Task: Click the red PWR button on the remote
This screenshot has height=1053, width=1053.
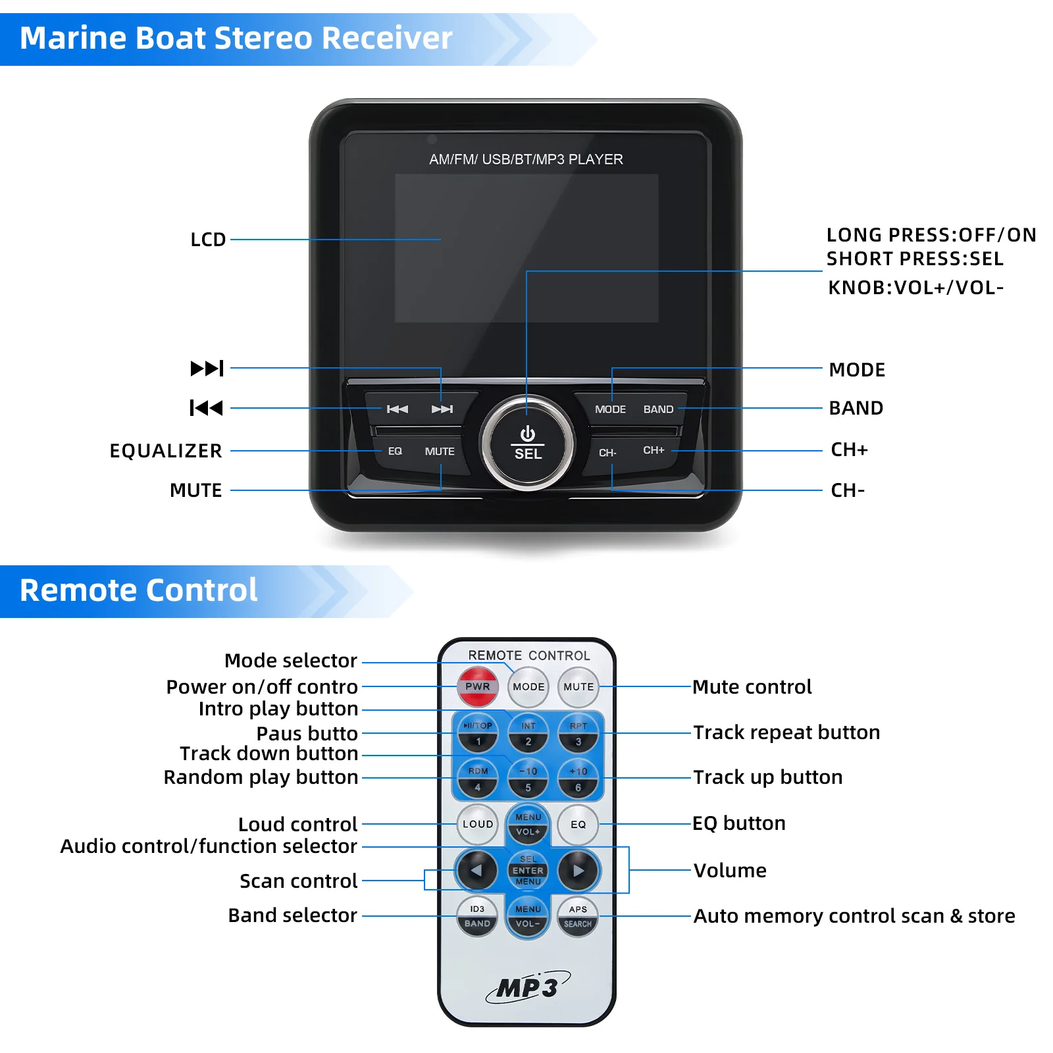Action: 478,686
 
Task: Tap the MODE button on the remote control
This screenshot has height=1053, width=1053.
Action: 528,686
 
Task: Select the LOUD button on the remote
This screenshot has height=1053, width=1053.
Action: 478,824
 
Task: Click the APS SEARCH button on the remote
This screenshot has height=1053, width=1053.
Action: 578,917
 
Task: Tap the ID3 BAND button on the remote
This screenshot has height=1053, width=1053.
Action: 477,917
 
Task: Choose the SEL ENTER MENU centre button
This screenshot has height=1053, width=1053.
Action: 528,870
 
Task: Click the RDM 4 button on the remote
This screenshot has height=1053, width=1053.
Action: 478,779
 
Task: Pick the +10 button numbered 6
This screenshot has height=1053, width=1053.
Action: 578,779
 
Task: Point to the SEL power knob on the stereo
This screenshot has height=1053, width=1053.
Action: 527,443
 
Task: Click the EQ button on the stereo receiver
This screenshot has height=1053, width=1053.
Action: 395,451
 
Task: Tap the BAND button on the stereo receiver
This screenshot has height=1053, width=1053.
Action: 658,409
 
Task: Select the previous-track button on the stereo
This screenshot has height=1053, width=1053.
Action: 397,409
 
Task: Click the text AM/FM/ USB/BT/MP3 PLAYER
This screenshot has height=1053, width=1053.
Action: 526,159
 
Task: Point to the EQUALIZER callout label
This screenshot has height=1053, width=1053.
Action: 166,451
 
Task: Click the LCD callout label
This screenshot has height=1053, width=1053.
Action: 208,240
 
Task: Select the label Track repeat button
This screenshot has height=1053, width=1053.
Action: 786,732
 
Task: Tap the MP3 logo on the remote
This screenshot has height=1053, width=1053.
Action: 528,987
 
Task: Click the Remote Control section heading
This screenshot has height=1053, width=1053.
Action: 138,590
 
